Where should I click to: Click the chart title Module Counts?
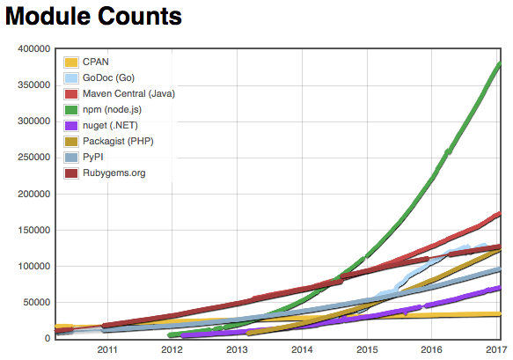pyautogui.click(x=92, y=17)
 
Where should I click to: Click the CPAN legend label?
pyautogui.click(x=96, y=62)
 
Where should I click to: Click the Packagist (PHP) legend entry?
pyautogui.click(x=119, y=141)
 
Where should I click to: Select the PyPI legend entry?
pyautogui.click(x=93, y=157)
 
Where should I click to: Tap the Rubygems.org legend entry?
pyautogui.click(x=114, y=173)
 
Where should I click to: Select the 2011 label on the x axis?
pyautogui.click(x=107, y=349)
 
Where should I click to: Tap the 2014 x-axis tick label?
pyautogui.click(x=302, y=349)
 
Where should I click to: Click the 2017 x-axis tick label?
pyautogui.click(x=493, y=349)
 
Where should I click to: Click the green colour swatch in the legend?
pyautogui.click(x=71, y=109)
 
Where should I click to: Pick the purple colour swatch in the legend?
pyautogui.click(x=71, y=125)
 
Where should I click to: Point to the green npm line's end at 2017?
pyautogui.click(x=500, y=64)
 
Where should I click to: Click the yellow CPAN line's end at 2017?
pyautogui.click(x=500, y=313)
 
